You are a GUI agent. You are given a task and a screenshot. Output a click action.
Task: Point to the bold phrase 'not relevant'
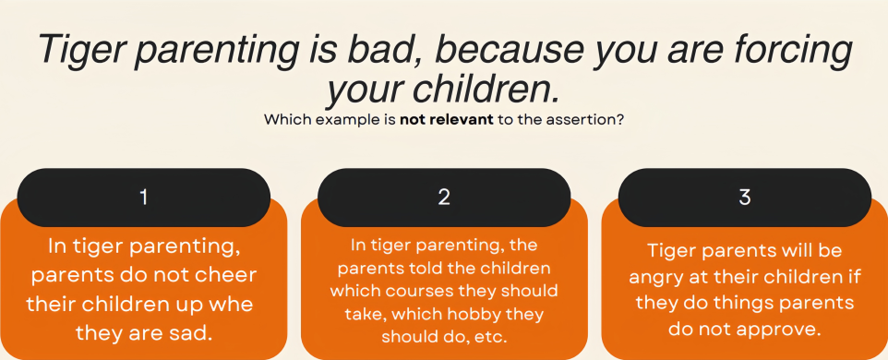(447, 120)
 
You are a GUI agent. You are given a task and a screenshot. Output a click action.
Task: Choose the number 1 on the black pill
(144, 197)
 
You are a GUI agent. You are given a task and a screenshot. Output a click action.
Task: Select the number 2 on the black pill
(444, 197)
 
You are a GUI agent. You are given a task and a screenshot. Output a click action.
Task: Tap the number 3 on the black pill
(745, 197)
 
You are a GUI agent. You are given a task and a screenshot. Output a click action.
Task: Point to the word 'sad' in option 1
(192, 333)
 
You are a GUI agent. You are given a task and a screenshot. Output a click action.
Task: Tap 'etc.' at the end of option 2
(489, 337)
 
